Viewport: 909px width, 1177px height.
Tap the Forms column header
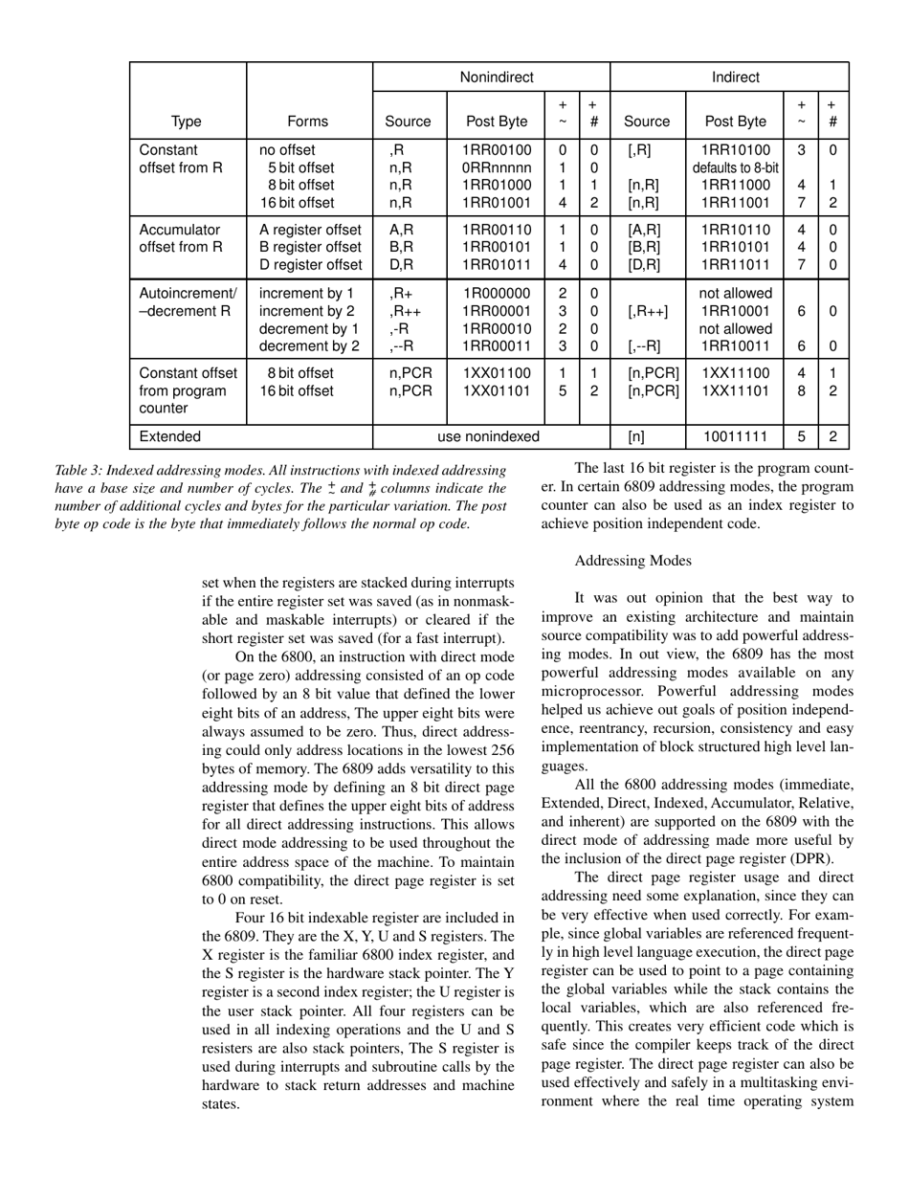(x=307, y=122)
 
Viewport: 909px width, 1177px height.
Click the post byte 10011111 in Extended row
(x=734, y=436)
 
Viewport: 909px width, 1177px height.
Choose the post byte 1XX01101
(x=495, y=390)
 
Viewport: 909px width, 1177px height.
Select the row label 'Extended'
(x=169, y=436)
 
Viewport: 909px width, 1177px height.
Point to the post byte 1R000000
(x=495, y=293)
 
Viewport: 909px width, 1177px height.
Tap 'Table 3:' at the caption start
(x=80, y=470)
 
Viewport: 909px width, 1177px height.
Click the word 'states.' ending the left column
(x=223, y=1103)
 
